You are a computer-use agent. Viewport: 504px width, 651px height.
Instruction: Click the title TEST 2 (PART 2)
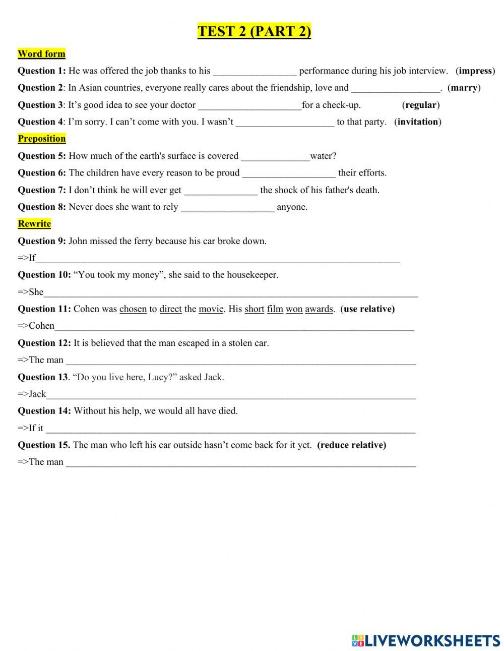[x=254, y=31]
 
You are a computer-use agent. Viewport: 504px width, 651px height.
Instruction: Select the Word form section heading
[x=41, y=54]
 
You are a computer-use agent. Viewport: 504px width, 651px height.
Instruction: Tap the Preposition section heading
[x=41, y=139]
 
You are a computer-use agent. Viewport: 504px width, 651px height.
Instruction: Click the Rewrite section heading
[x=34, y=224]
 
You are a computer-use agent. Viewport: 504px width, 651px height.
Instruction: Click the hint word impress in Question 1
[x=475, y=71]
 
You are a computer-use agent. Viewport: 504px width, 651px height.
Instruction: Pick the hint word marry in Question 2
[x=464, y=88]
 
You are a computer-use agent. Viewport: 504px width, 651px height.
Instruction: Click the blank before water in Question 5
[x=275, y=157]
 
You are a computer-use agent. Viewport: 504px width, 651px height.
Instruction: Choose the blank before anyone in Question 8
[x=227, y=208]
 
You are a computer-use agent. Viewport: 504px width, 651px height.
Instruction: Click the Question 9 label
[x=42, y=241]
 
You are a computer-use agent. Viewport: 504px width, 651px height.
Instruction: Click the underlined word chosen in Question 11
[x=133, y=309]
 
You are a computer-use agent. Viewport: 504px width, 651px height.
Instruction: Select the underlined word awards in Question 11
[x=319, y=309]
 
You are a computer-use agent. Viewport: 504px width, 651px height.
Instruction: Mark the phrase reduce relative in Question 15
[x=351, y=445]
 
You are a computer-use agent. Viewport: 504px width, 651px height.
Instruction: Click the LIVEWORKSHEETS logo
[x=426, y=640]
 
